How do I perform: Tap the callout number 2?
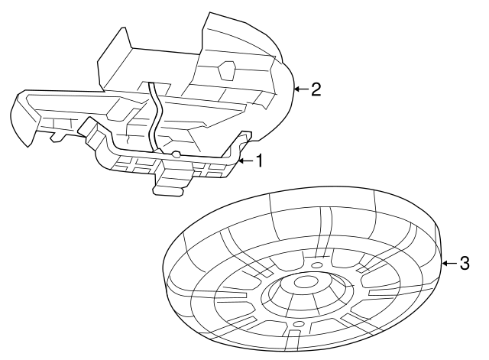(316, 89)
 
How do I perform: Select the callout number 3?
(465, 264)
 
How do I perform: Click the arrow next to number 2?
(300, 89)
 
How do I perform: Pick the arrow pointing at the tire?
(449, 264)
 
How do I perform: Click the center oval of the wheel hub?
(306, 284)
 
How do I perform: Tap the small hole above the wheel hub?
(317, 265)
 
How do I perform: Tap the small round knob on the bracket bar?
(176, 155)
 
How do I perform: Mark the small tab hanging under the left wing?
(56, 138)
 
